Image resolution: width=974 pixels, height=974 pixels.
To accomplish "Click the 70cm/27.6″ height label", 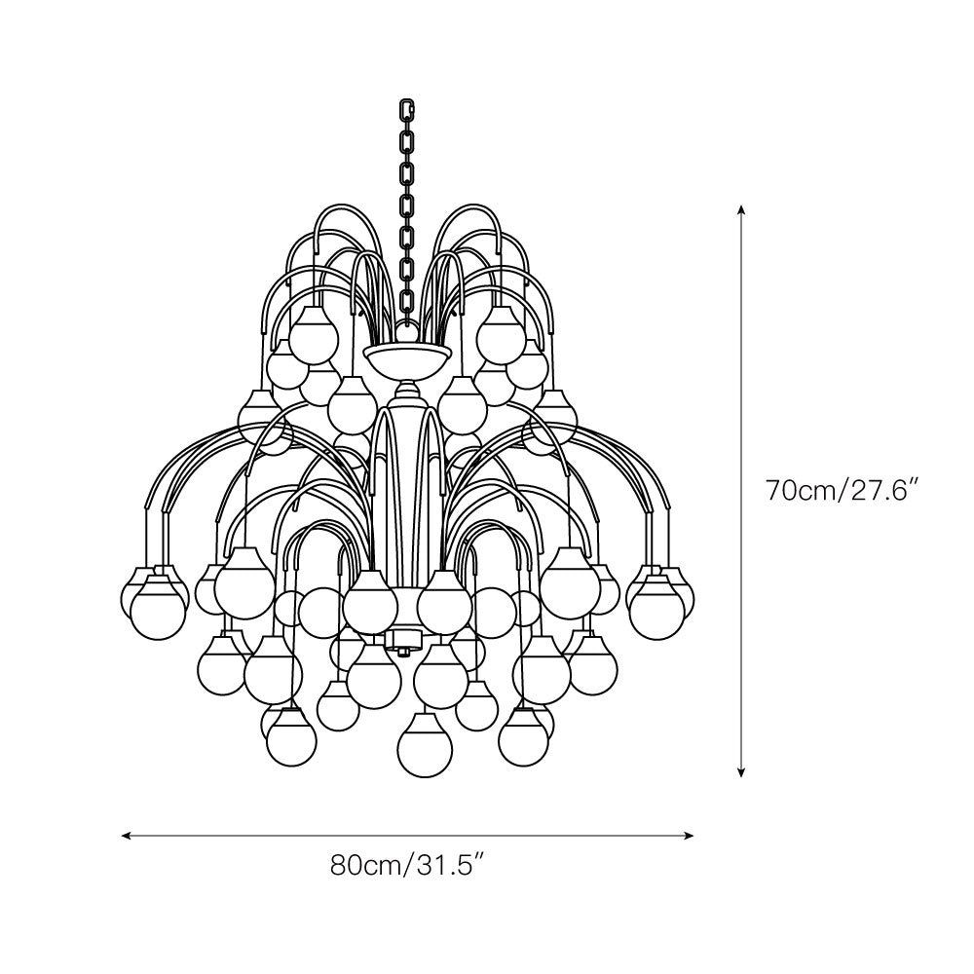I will pyautogui.click(x=843, y=490).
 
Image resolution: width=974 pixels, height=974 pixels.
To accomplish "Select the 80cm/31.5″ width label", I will pyautogui.click(x=408, y=865).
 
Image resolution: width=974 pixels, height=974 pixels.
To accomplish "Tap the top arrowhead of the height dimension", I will pyautogui.click(x=741, y=208).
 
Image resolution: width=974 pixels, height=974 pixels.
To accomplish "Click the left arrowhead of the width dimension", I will pyautogui.click(x=126, y=835).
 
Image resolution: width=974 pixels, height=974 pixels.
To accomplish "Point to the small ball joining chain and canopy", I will pyautogui.click(x=408, y=333).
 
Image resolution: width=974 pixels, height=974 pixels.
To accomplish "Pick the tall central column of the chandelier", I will pyautogui.click(x=408, y=487).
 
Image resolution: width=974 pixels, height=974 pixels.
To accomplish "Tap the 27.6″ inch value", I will pyautogui.click(x=887, y=490).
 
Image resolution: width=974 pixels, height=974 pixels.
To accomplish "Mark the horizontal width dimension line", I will pyautogui.click(x=292, y=835).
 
